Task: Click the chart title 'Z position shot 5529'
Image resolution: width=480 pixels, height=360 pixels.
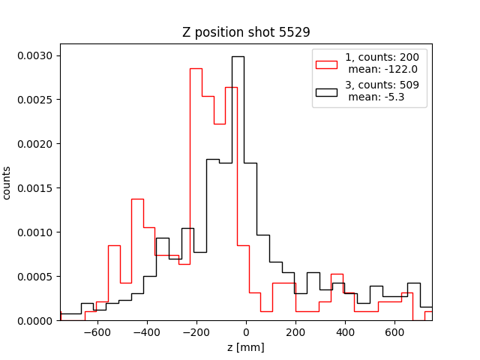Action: tap(246, 32)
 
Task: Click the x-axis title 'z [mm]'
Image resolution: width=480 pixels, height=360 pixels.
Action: tap(246, 347)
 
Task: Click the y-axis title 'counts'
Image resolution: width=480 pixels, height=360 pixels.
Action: tap(7, 182)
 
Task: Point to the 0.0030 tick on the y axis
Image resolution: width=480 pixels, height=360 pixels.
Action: tap(35, 55)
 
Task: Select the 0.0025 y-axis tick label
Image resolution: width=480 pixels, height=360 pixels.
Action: tap(35, 100)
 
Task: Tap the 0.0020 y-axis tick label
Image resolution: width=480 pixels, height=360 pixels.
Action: tap(35, 144)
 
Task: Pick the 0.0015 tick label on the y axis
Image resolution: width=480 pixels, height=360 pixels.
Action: tap(35, 188)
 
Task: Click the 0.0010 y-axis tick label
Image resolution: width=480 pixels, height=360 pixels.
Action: tap(35, 232)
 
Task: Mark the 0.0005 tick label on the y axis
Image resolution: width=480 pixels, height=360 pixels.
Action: tap(35, 277)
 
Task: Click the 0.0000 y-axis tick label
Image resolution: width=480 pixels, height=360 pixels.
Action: tap(35, 321)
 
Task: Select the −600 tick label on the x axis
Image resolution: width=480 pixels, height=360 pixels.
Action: tap(97, 332)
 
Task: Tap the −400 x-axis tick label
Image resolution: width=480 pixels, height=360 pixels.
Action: tap(146, 332)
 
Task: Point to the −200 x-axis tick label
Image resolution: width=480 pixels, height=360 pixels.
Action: tap(196, 332)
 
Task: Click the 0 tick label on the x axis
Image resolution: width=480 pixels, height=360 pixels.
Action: tap(246, 332)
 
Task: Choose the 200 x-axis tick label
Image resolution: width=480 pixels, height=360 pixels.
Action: tap(295, 332)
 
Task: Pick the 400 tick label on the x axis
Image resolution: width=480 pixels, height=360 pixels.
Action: tap(345, 332)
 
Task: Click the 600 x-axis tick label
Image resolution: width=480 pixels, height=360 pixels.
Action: tap(394, 332)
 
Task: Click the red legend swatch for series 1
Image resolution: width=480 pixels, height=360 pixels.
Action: tap(326, 63)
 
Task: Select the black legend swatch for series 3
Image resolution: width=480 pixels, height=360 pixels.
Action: tap(326, 91)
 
